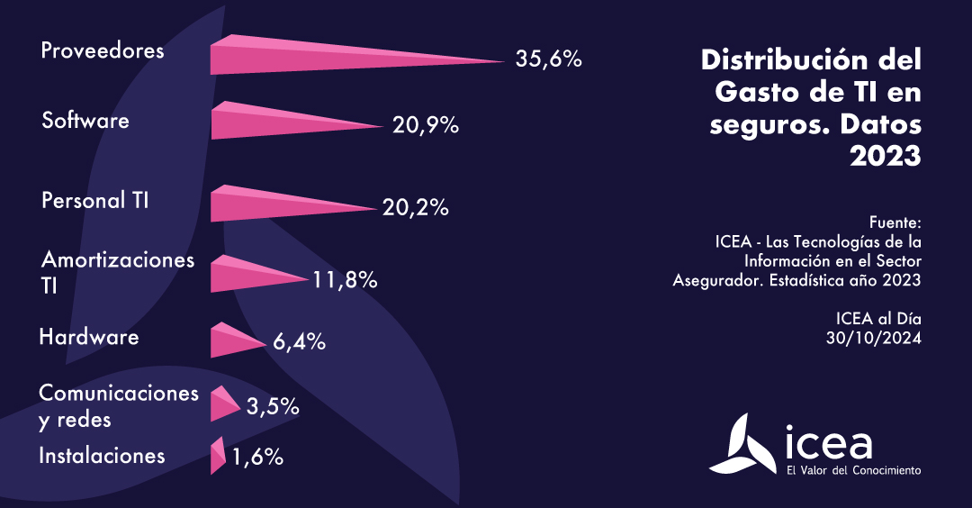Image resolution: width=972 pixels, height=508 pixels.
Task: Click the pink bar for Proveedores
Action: point(297,57)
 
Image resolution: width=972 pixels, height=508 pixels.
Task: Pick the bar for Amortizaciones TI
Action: point(243,275)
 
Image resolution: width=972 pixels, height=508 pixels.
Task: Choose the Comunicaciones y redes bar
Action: point(221,404)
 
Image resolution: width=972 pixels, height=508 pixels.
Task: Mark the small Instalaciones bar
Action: point(217,456)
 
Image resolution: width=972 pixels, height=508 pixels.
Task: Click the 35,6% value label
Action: point(549,59)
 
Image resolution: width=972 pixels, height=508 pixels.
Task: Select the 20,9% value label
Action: point(426,126)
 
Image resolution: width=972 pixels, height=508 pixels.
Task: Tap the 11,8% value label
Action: point(345,280)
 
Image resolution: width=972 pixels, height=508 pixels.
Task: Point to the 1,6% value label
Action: point(257,458)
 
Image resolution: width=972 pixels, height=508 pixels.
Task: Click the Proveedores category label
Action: point(103,50)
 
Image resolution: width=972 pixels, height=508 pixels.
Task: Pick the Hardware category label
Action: point(89,338)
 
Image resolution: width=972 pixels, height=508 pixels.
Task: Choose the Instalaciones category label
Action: point(102,456)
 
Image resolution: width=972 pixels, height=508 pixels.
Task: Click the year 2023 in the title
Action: point(886,156)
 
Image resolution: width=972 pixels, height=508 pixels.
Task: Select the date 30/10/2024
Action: point(874,338)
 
